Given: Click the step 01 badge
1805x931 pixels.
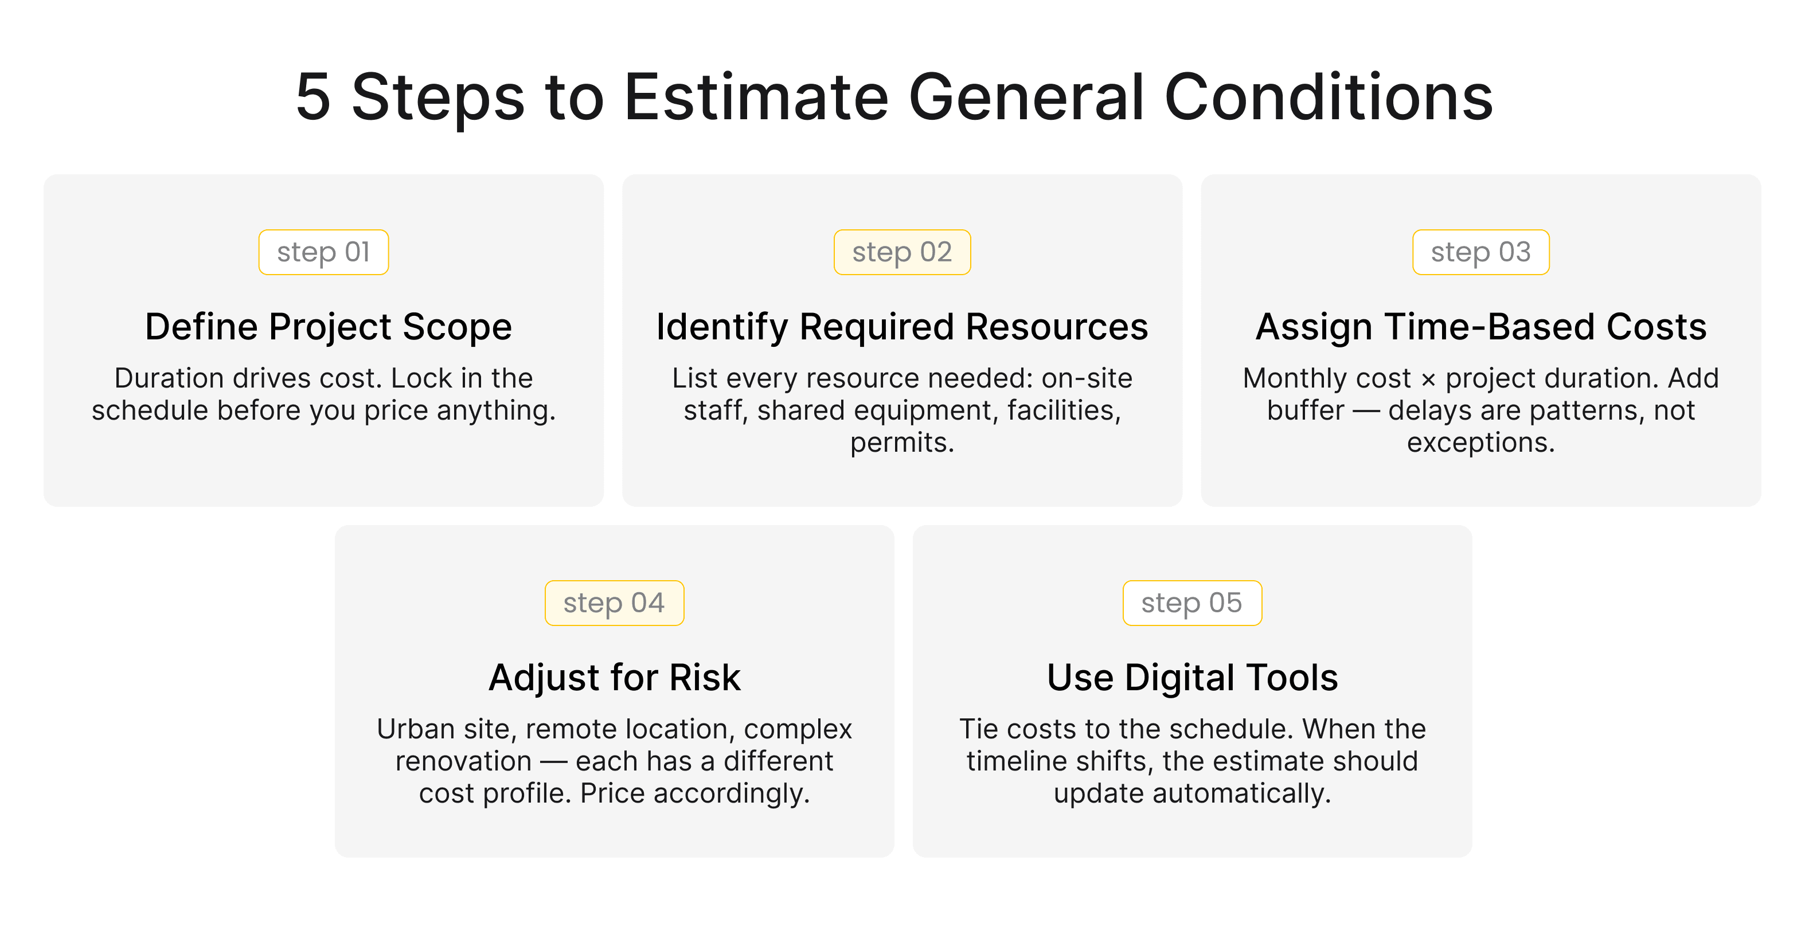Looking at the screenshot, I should tap(323, 252).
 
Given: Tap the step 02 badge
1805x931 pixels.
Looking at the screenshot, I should tap(902, 252).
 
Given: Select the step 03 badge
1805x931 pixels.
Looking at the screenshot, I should tap(1480, 252).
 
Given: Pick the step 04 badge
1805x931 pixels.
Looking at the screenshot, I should tap(614, 603).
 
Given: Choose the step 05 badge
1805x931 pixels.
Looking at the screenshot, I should tap(1192, 603).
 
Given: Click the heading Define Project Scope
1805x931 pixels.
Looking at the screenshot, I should tap(329, 327).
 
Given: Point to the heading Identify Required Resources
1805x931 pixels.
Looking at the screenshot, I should tap(902, 327).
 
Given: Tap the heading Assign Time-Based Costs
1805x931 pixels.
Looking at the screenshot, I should tap(1480, 327).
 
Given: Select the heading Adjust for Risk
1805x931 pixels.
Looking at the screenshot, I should tap(615, 678).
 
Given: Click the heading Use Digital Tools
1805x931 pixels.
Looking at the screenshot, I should tap(1192, 678).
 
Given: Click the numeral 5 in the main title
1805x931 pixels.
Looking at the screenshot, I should tap(312, 98).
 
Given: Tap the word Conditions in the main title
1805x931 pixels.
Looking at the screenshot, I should tap(1328, 98).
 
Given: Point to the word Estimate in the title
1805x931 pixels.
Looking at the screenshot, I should tap(756, 98).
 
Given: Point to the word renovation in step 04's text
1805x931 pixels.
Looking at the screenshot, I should tap(463, 761).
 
